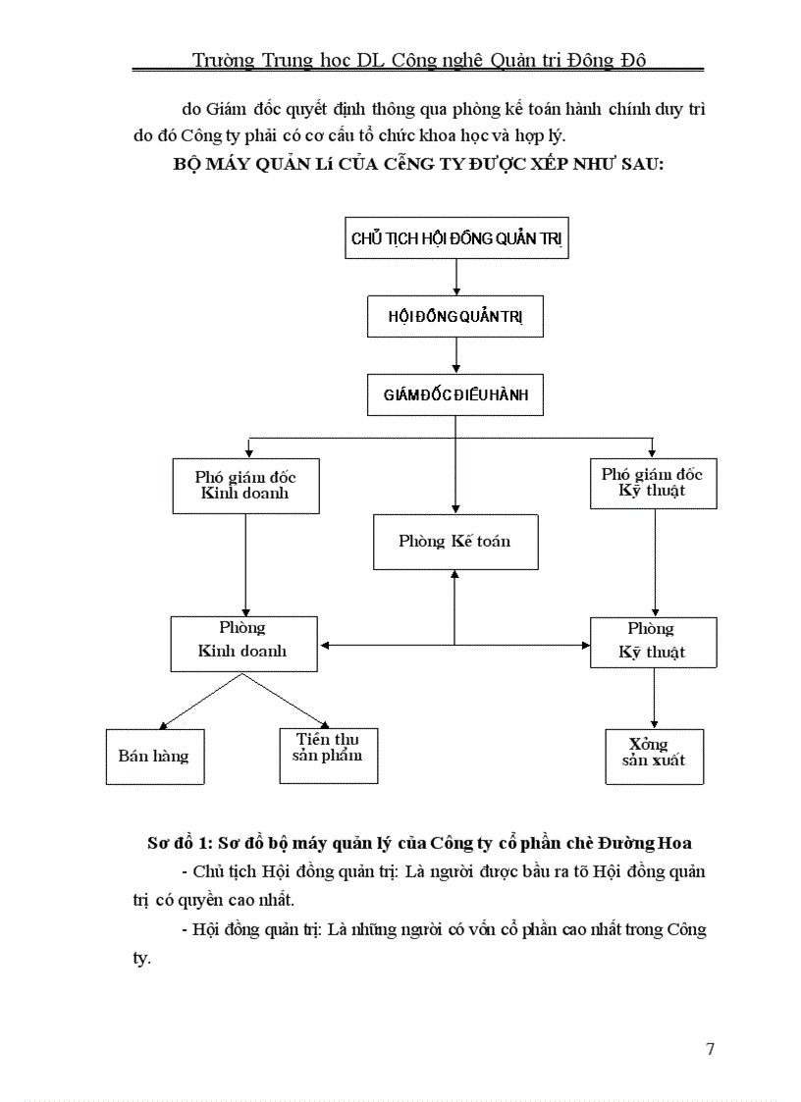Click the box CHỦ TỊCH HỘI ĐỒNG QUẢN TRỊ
456,238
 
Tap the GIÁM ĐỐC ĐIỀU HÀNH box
455,394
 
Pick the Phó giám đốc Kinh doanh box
245,485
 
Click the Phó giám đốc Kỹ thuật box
653,482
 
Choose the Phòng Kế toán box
455,541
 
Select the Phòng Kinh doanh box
243,644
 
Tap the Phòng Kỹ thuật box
653,642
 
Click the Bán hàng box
154,757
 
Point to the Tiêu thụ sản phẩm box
328,756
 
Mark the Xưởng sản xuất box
654,756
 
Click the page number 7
710,1049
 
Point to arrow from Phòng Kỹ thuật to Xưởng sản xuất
654,698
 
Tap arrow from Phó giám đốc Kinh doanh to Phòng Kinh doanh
245,564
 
